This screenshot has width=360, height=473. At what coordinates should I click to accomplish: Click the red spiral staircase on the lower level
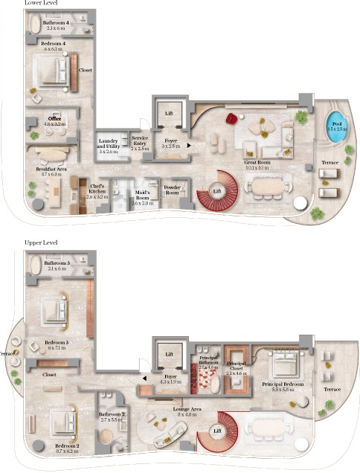tap(215, 190)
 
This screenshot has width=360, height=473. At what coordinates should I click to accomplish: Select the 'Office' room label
tap(54, 120)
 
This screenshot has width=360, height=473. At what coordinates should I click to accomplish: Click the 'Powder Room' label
tap(172, 190)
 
